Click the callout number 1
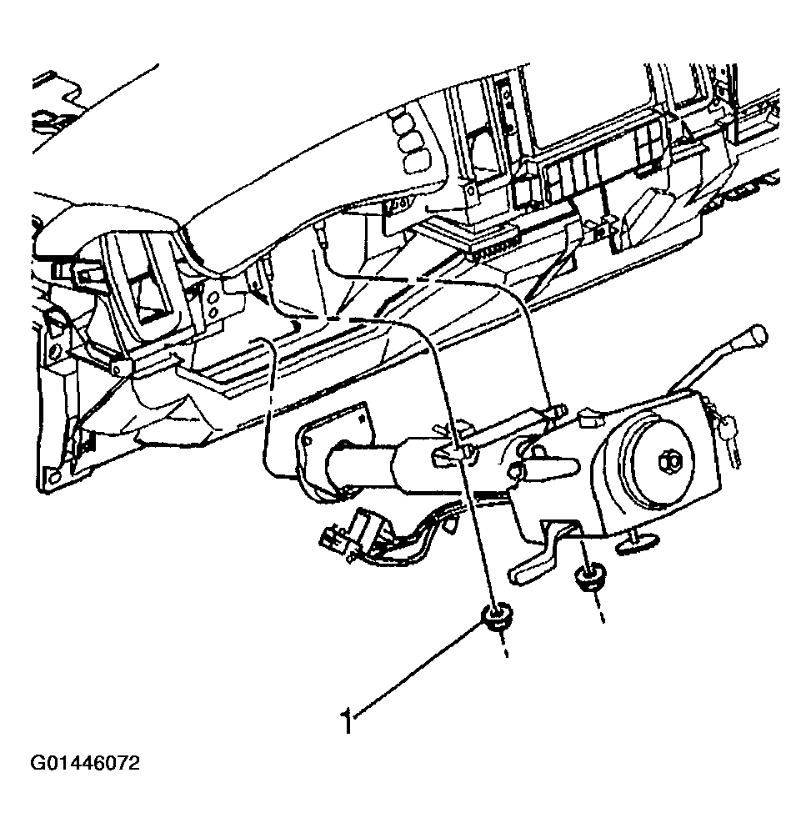348,721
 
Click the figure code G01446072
85,764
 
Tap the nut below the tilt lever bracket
588,578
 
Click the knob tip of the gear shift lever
757,334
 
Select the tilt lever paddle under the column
537,563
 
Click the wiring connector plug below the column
340,536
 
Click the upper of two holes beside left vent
213,296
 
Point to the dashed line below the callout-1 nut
502,646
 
